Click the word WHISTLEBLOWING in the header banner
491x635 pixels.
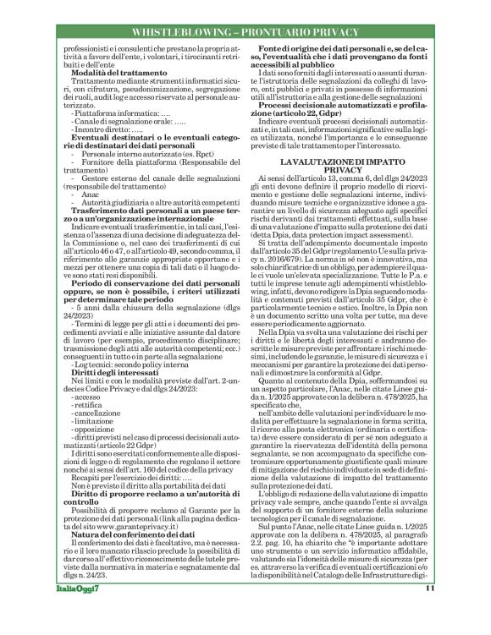pyautogui.click(x=183, y=31)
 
